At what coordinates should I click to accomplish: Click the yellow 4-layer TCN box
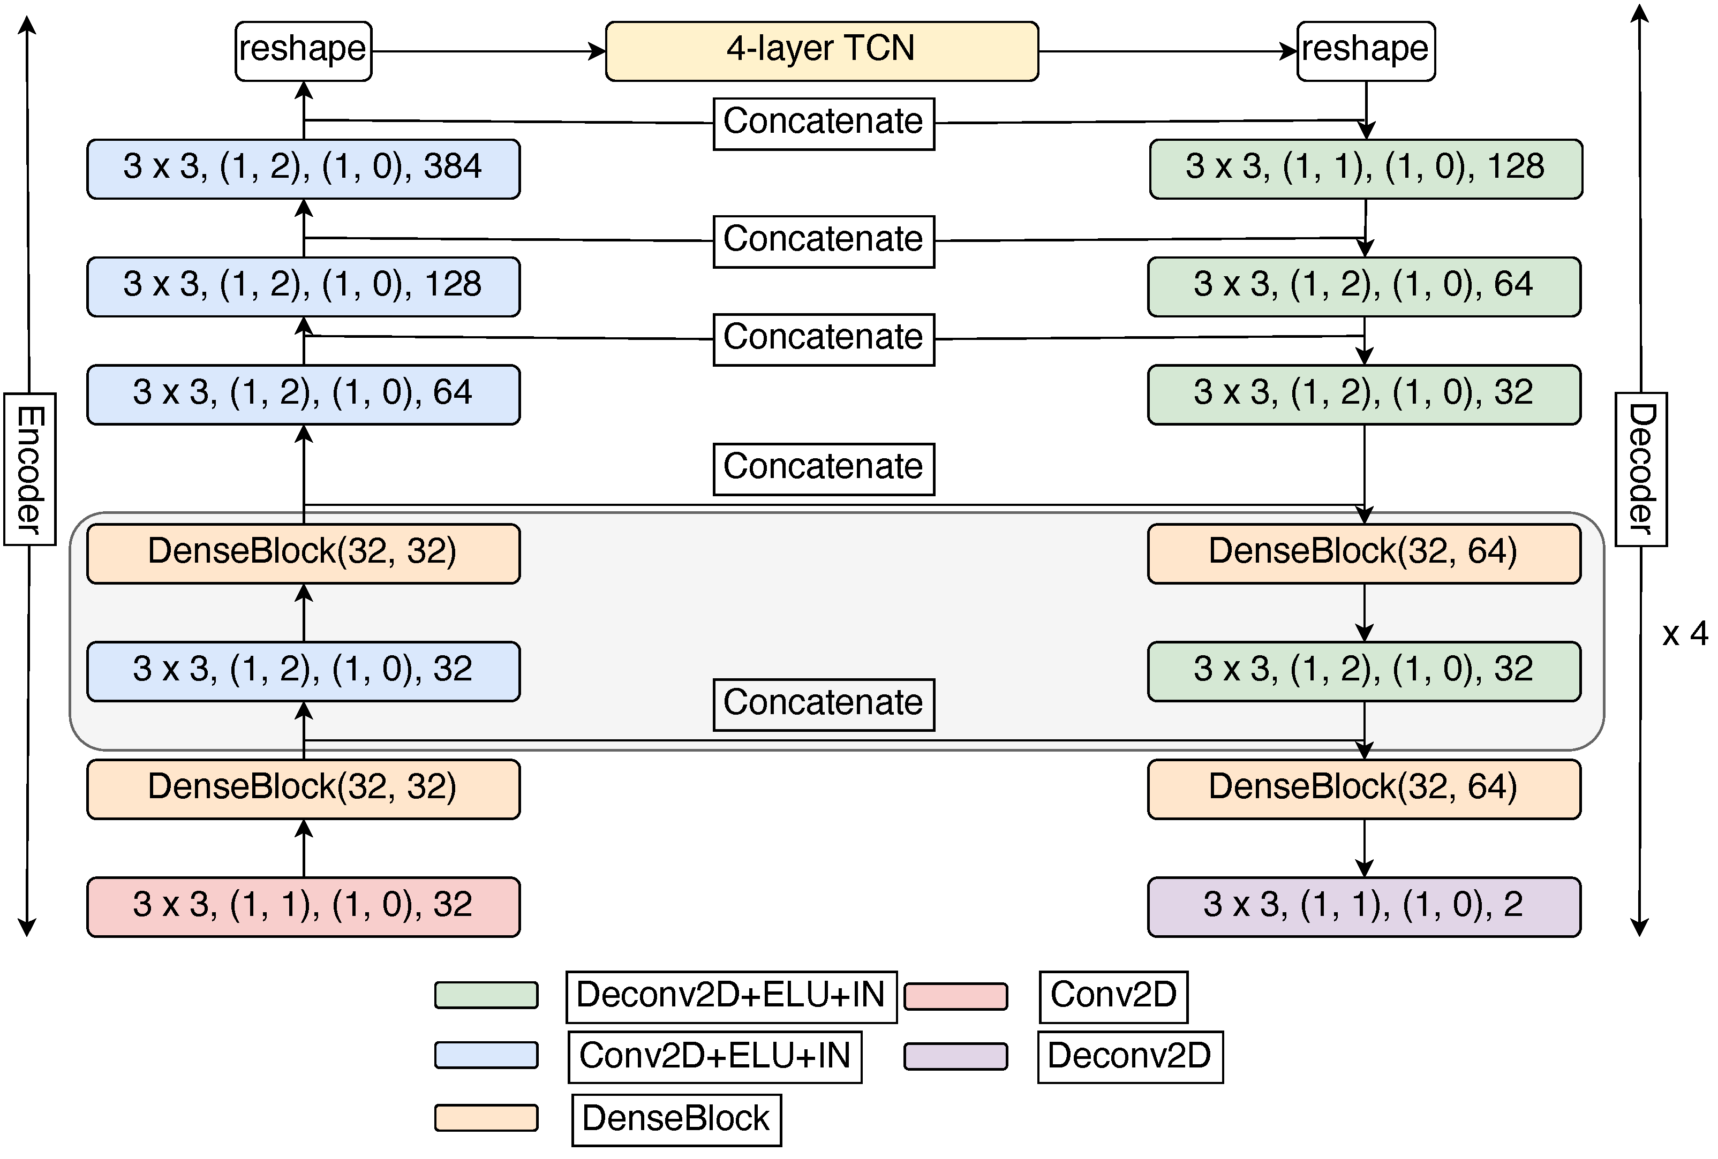[x=822, y=50]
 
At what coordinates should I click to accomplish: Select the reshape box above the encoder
[x=303, y=50]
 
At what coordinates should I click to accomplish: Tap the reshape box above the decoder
[x=1366, y=50]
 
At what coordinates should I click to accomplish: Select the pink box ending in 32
[x=303, y=906]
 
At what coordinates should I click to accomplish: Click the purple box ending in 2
[x=1364, y=906]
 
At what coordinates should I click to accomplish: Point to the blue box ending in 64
[x=303, y=394]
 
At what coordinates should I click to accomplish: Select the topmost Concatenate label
[x=823, y=123]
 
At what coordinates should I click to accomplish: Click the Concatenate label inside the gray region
[x=823, y=703]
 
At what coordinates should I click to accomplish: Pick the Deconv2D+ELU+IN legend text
[x=730, y=996]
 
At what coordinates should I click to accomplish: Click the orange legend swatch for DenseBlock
[x=486, y=1118]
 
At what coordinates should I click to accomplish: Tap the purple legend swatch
[x=955, y=1056]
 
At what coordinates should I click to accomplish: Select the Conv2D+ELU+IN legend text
[x=714, y=1056]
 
